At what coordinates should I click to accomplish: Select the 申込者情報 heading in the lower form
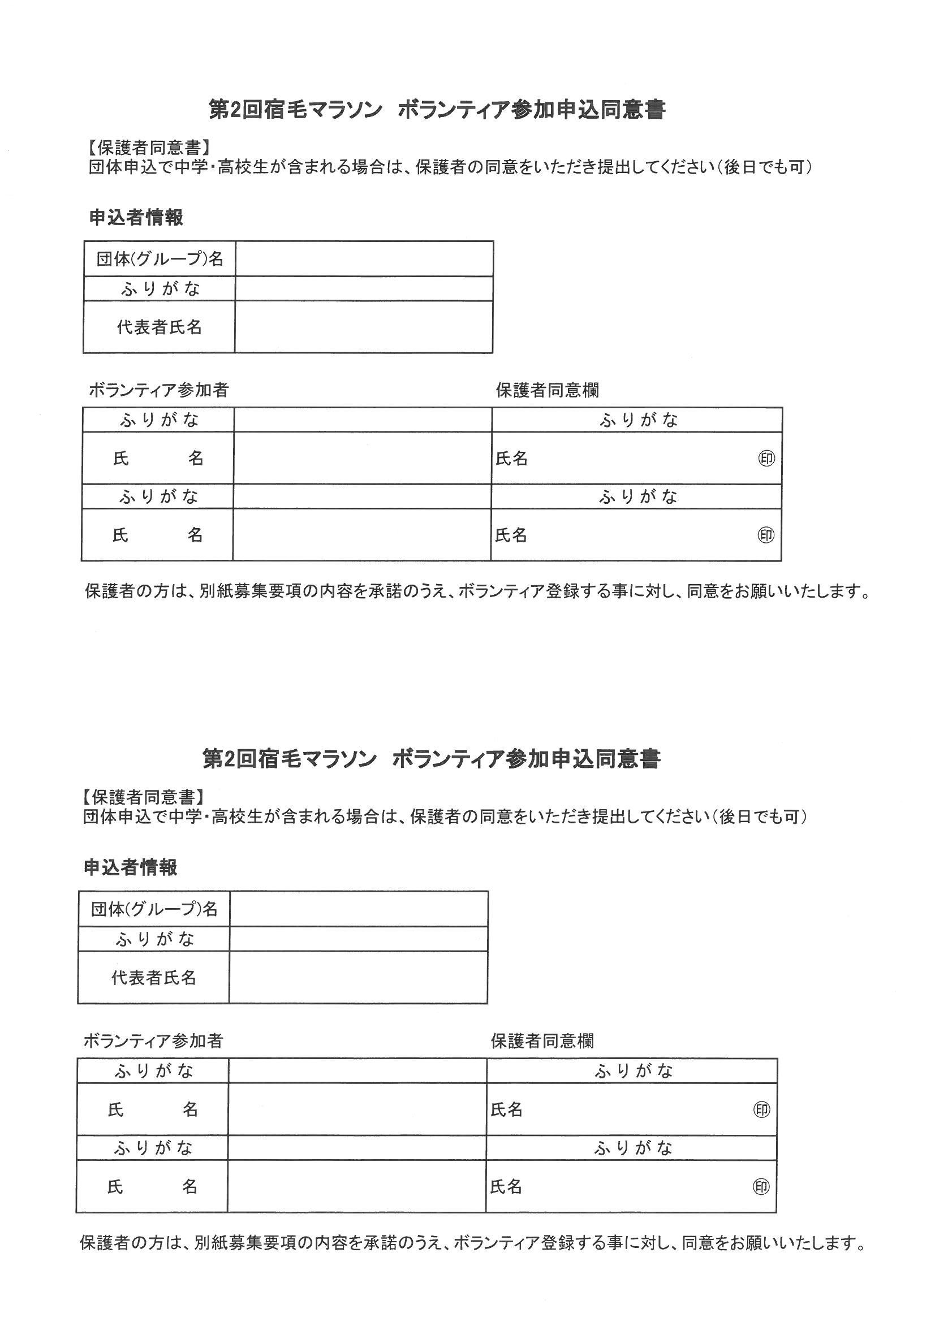tap(130, 867)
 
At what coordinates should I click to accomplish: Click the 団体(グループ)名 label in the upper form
tap(160, 259)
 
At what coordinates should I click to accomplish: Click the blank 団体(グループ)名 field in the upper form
tap(364, 259)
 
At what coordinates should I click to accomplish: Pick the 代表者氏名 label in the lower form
tap(154, 977)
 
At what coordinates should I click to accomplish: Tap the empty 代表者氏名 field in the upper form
tap(364, 327)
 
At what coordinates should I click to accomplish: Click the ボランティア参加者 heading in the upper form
tap(158, 390)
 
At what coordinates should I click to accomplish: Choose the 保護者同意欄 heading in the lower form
tap(542, 1040)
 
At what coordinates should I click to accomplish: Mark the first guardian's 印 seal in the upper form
tap(767, 459)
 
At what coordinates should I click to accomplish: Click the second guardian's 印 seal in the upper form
tap(766, 535)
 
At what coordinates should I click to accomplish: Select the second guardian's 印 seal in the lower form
tap(761, 1186)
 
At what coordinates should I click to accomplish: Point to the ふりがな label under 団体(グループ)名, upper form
tap(160, 288)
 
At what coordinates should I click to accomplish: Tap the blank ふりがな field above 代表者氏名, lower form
tap(358, 939)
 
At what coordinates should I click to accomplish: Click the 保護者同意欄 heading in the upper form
tap(548, 390)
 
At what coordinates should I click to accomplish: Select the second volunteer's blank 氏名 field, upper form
tap(362, 535)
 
